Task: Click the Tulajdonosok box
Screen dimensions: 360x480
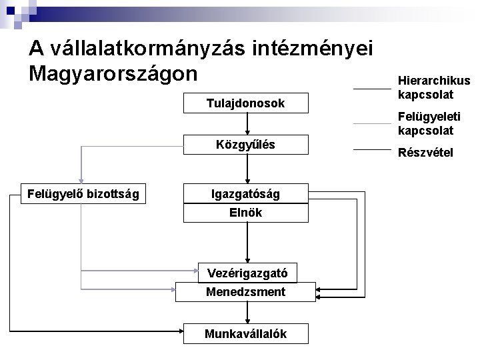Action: click(x=246, y=103)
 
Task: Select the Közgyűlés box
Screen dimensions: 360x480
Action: click(x=246, y=145)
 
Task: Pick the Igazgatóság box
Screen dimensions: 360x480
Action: click(x=246, y=194)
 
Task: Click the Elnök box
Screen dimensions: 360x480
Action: click(x=246, y=213)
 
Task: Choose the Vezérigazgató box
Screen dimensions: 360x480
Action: click(x=247, y=273)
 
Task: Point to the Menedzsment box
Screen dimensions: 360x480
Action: click(x=245, y=292)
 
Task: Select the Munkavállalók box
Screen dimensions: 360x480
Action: click(x=246, y=334)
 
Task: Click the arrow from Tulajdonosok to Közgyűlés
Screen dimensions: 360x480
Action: click(x=247, y=124)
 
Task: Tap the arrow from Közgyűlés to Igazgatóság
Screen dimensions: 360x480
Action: click(x=247, y=169)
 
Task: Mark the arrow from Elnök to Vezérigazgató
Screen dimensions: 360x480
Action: click(x=247, y=243)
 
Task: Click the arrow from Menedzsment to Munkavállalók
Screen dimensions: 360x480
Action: click(x=247, y=313)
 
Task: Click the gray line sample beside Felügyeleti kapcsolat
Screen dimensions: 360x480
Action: click(x=371, y=124)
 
